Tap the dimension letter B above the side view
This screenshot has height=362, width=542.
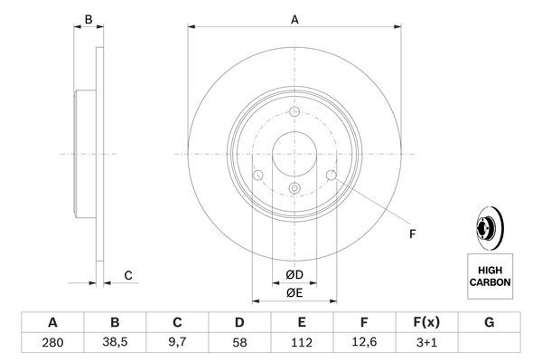[88, 20]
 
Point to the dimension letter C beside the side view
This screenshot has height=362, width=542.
[128, 275]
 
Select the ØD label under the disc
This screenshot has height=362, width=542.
[294, 274]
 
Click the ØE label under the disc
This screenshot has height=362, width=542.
[294, 291]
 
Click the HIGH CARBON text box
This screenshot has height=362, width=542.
[490, 276]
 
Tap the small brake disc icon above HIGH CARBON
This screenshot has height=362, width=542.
[488, 228]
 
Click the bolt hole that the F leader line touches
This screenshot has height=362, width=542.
[331, 175]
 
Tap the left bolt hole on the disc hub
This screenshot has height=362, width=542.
[257, 175]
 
